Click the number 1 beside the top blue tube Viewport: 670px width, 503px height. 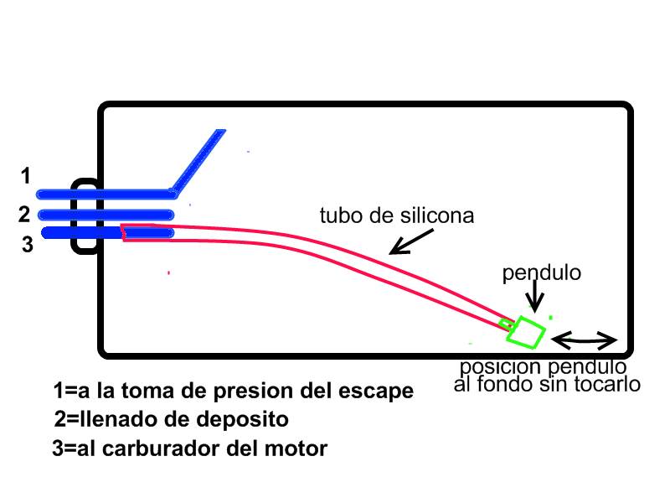coord(26,176)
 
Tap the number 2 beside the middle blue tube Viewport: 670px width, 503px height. coord(25,215)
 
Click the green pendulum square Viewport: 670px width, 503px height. coord(527,331)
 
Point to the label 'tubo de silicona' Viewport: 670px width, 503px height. coord(397,215)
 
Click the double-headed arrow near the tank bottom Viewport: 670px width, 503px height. coord(585,340)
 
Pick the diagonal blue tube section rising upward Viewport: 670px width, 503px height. coord(198,159)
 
